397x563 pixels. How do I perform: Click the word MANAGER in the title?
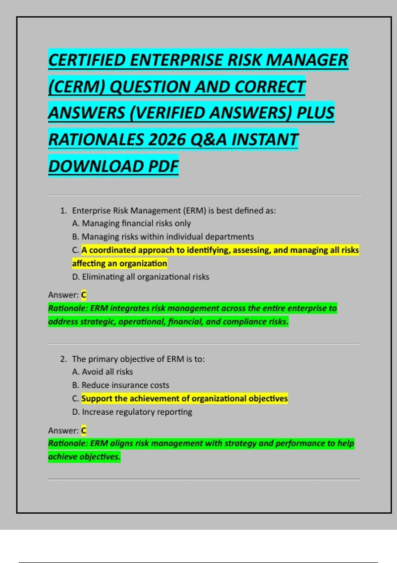(x=307, y=60)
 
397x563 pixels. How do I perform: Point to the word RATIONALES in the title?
(x=96, y=140)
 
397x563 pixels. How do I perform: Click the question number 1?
(x=63, y=211)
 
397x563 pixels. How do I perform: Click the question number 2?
(x=63, y=359)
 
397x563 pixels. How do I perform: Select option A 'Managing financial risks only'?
(x=136, y=224)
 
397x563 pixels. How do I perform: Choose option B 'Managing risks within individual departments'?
(x=167, y=237)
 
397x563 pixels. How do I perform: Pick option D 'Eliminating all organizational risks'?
(x=145, y=277)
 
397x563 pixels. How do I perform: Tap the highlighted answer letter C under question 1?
(x=84, y=295)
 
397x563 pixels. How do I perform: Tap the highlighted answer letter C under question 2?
(x=84, y=431)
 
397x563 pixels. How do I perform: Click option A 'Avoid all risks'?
(x=107, y=372)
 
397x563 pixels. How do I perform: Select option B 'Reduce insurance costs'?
(x=125, y=385)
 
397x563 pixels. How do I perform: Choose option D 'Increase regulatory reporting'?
(x=137, y=412)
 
